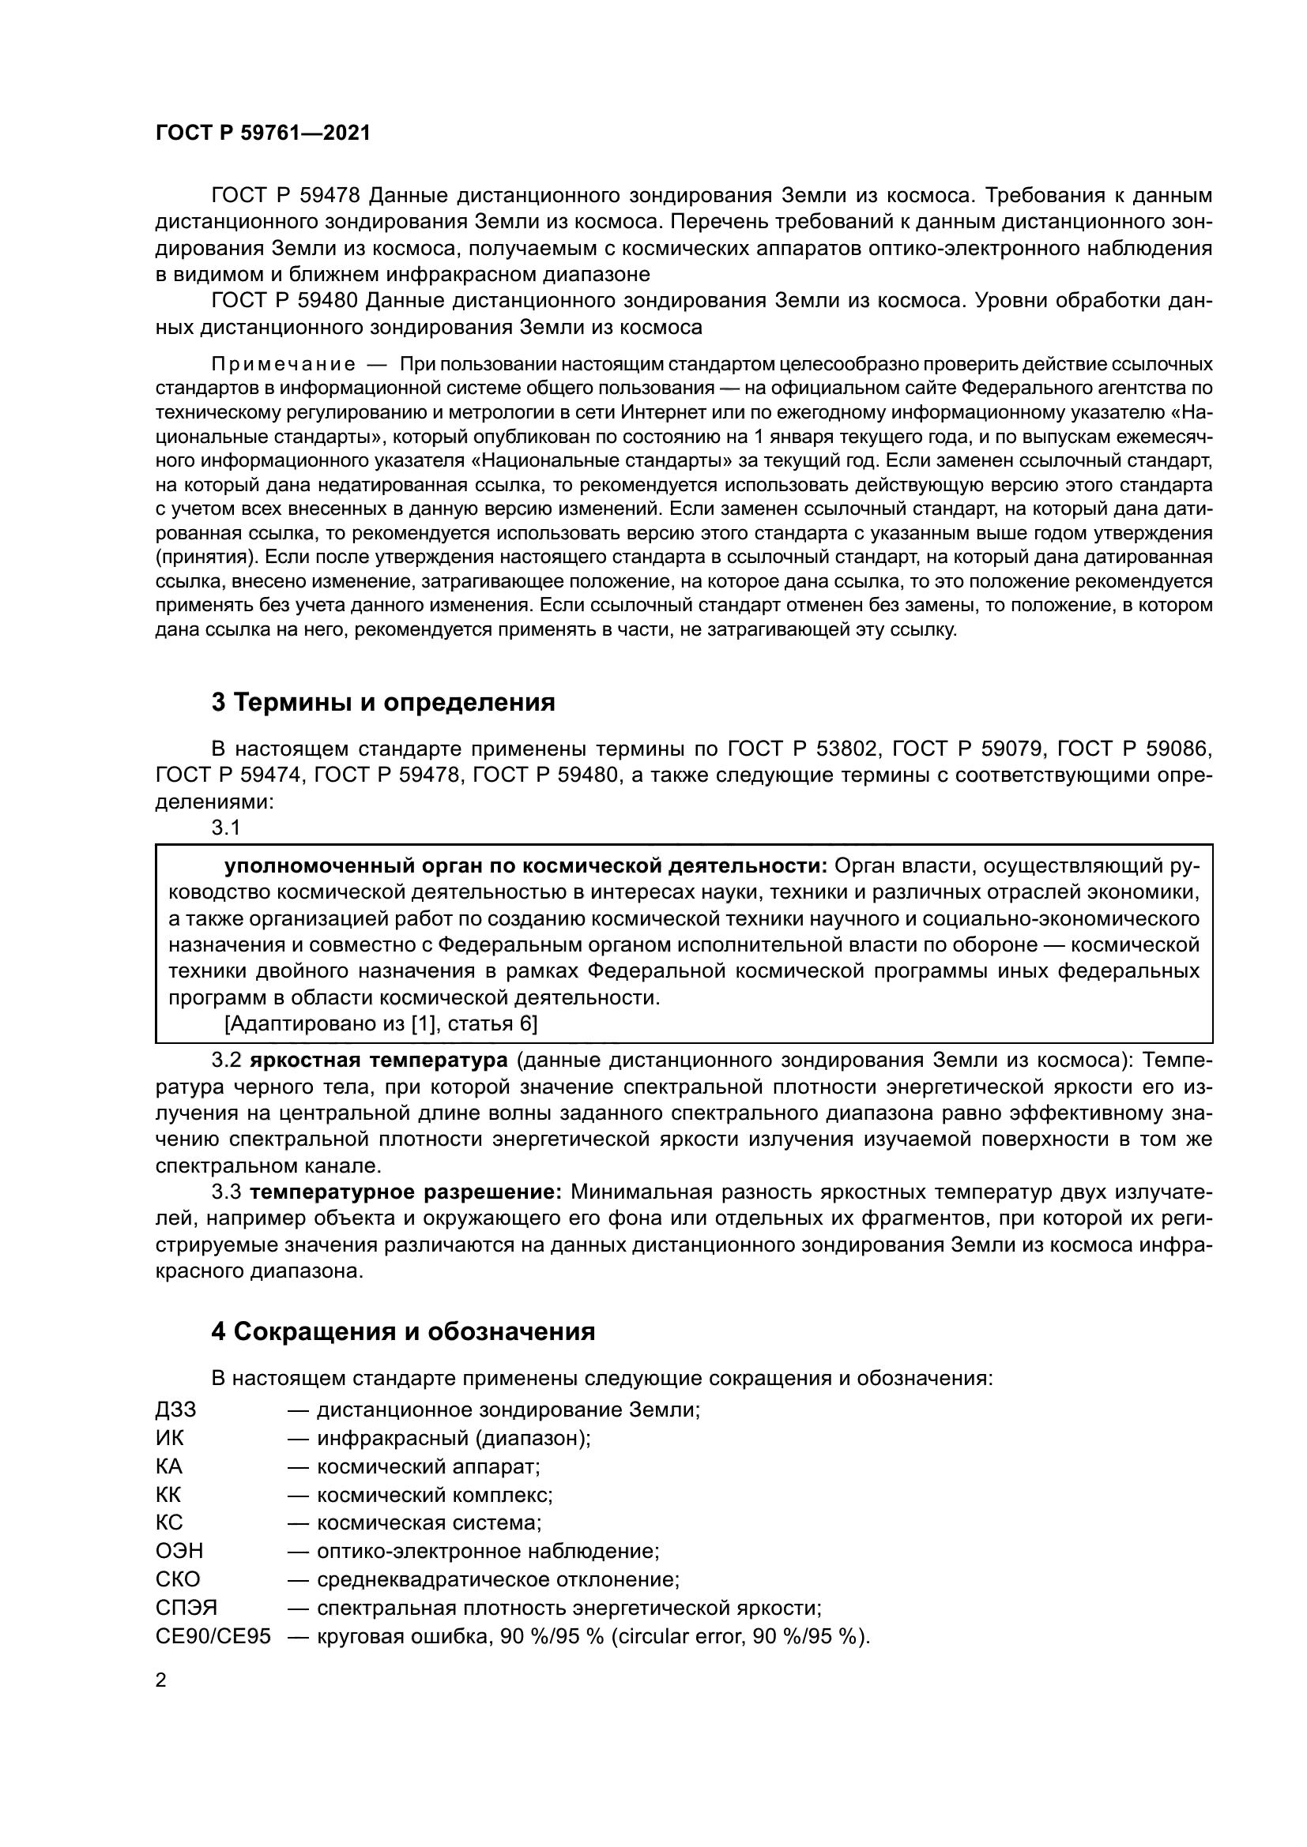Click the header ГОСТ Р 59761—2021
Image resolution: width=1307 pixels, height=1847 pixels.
pos(263,133)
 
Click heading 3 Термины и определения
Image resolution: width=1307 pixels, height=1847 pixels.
pos(383,702)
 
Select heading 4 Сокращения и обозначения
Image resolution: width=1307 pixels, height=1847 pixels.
pos(402,1331)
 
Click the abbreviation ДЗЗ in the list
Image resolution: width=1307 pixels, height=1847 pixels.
pos(175,1410)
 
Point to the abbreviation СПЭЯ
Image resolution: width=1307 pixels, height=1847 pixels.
pos(186,1607)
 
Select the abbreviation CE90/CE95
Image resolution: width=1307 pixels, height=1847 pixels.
pos(213,1635)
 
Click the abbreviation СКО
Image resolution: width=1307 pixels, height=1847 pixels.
pos(178,1579)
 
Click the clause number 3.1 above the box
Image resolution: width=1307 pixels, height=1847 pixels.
pos(225,827)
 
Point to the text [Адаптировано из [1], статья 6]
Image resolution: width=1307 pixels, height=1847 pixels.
pos(381,1024)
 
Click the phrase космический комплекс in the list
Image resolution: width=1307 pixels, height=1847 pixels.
pos(435,1495)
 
